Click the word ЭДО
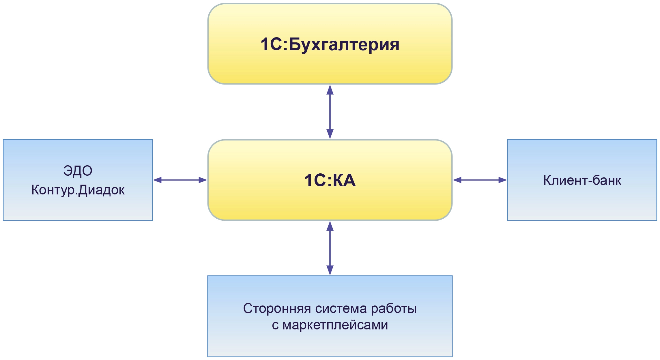(x=78, y=171)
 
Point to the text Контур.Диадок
(x=78, y=190)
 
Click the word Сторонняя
(x=277, y=308)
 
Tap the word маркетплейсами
(x=335, y=325)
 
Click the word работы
(x=394, y=308)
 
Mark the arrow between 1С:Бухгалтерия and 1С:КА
(x=330, y=112)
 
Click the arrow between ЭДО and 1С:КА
(x=180, y=180)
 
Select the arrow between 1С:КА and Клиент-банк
(x=480, y=180)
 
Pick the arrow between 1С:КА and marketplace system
(x=330, y=248)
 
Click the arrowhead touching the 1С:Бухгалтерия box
(x=330, y=90)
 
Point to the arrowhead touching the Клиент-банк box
(x=502, y=180)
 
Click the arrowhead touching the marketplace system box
(x=330, y=270)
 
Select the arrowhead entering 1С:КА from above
(x=330, y=134)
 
